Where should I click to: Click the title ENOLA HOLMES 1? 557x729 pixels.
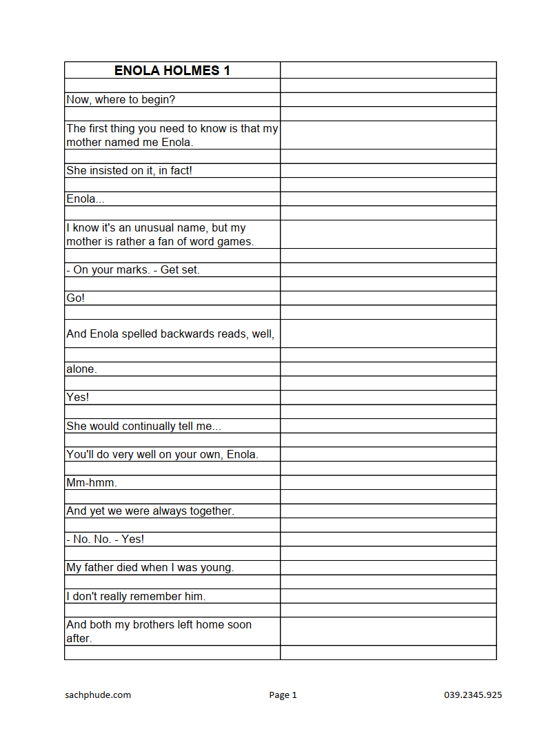tap(172, 70)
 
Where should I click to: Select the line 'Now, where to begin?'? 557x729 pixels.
tap(121, 100)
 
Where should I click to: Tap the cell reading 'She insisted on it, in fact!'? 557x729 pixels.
tap(129, 170)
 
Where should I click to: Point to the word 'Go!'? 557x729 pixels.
tap(76, 298)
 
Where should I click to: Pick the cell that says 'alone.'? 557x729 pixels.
tap(81, 369)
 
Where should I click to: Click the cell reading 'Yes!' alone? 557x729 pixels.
tap(78, 398)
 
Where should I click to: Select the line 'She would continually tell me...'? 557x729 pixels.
tap(143, 426)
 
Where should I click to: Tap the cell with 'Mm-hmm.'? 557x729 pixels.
tap(92, 482)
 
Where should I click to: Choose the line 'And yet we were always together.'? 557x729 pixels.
tap(150, 511)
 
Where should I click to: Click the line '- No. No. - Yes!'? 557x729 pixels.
tap(105, 539)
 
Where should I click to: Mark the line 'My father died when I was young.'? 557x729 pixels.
tap(150, 568)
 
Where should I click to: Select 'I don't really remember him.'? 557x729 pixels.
tap(136, 596)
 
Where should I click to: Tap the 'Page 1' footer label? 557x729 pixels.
tap(283, 695)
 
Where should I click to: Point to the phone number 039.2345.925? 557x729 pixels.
tap(473, 695)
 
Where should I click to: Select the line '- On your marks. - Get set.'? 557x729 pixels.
tap(133, 269)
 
